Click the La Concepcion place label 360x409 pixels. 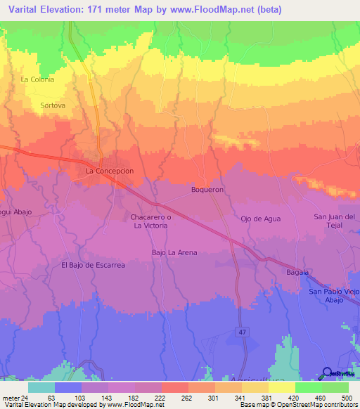[109, 171]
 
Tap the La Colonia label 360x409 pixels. [37, 79]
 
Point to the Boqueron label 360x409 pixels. [207, 190]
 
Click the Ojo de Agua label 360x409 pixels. [261, 219]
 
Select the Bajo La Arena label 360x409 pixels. [174, 252]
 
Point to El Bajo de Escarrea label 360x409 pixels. [93, 265]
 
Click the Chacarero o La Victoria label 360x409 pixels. [148, 221]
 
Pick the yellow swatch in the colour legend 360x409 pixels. [281, 387]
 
